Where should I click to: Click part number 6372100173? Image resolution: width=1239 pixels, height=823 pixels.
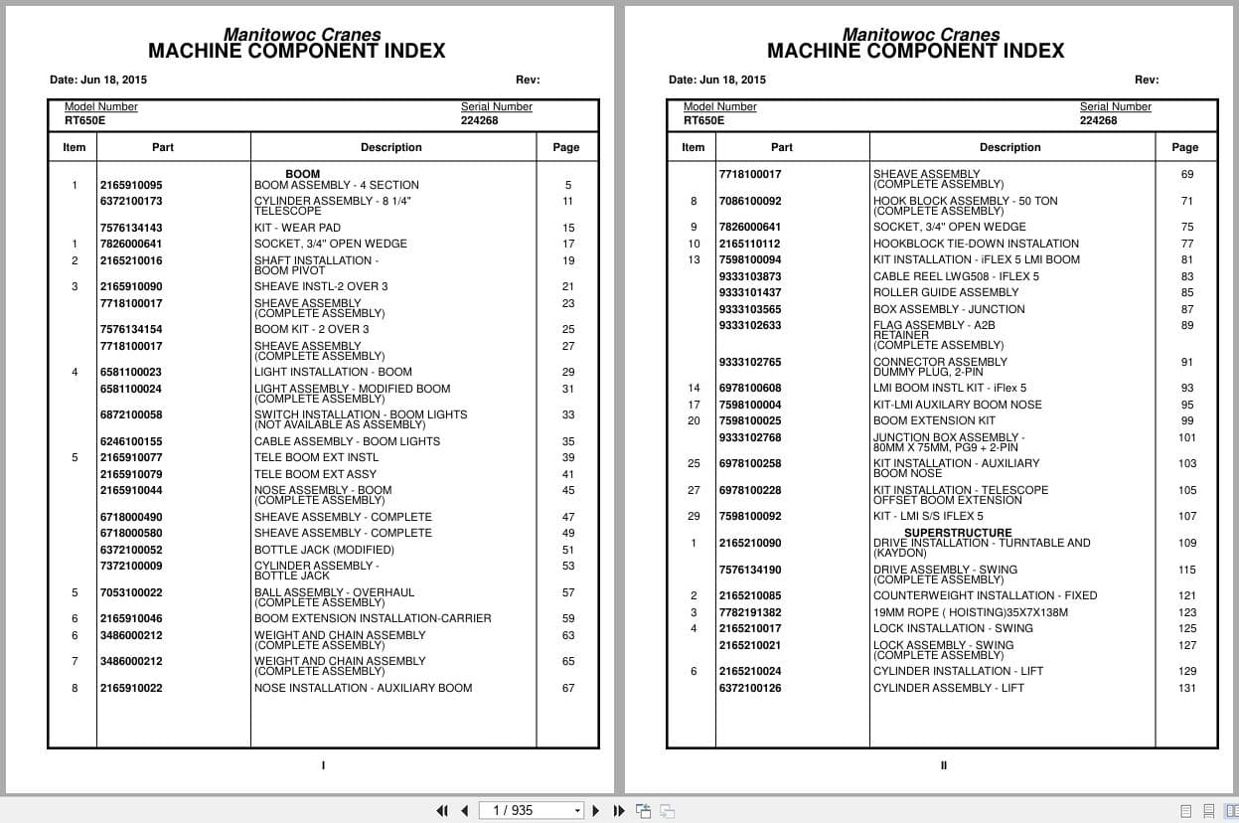pos(131,202)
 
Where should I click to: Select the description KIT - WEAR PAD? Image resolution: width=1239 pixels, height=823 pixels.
pos(297,228)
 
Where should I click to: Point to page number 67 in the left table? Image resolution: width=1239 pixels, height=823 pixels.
pos(568,688)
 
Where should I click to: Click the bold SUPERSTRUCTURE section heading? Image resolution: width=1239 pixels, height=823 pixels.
pos(958,533)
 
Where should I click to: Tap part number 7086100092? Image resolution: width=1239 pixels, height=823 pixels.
pos(750,202)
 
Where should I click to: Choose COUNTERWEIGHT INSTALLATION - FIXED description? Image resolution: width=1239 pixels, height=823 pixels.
pos(985,595)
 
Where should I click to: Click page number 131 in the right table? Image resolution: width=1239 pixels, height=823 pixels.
pos(1187,688)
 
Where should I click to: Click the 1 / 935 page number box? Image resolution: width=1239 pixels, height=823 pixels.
pos(532,810)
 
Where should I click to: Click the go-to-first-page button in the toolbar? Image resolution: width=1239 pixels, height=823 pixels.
pos(442,810)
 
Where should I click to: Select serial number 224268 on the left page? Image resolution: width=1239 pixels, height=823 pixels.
pos(479,121)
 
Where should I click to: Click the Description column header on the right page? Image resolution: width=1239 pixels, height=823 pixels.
pos(1009,147)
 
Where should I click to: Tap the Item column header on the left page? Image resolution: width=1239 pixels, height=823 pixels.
pos(75,147)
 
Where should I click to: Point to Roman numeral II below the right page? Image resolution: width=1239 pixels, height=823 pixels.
pos(943,765)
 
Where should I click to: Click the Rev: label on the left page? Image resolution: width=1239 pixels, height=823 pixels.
pos(528,80)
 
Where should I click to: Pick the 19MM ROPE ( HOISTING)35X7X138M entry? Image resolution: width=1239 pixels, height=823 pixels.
pos(971,612)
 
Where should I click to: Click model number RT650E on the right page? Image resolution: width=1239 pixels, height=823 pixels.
pos(703,121)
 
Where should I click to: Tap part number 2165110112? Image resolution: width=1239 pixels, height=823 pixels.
pos(750,244)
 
